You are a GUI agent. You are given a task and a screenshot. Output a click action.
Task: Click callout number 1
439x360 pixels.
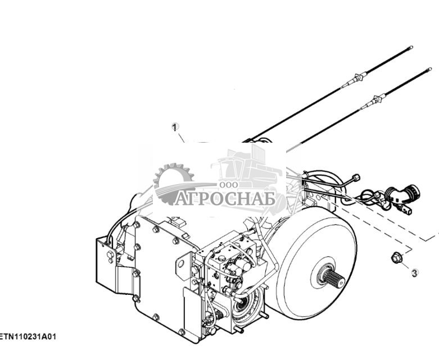click(x=175, y=127)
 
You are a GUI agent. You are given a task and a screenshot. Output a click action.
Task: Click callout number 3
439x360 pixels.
click(x=414, y=273)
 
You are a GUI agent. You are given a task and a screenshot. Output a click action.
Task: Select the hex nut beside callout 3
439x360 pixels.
click(x=395, y=258)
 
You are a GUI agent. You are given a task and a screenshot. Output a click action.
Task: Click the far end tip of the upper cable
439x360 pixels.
click(x=411, y=48)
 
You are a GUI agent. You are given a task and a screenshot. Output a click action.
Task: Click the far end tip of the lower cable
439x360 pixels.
click(x=429, y=69)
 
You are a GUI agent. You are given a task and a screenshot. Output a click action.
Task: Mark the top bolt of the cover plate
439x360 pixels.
click(x=155, y=229)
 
